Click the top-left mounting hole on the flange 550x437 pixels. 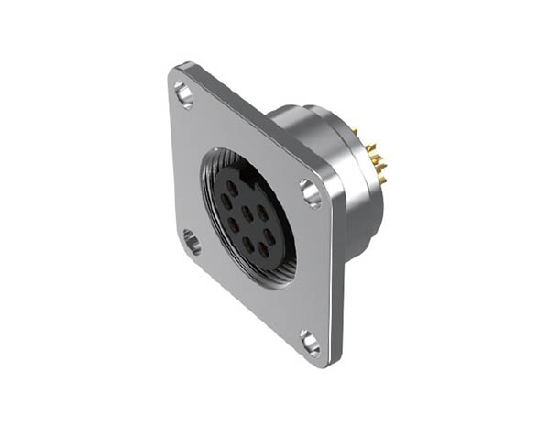click(184, 93)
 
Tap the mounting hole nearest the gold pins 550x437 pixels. click(310, 191)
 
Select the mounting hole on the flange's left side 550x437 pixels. click(192, 242)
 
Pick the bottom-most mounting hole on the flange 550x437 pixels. click(311, 343)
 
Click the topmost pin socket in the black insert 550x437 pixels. click(232, 187)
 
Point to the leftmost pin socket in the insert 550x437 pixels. click(225, 202)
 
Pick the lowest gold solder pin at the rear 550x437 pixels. click(382, 181)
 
